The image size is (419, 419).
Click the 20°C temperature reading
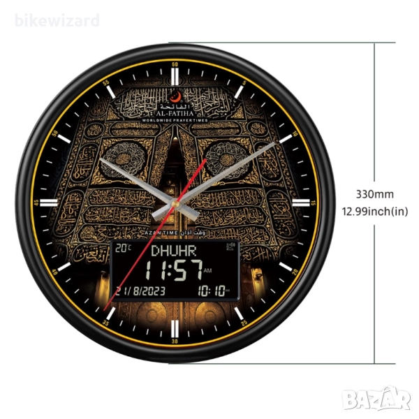point(124,248)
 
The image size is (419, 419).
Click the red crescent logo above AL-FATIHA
point(176,96)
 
